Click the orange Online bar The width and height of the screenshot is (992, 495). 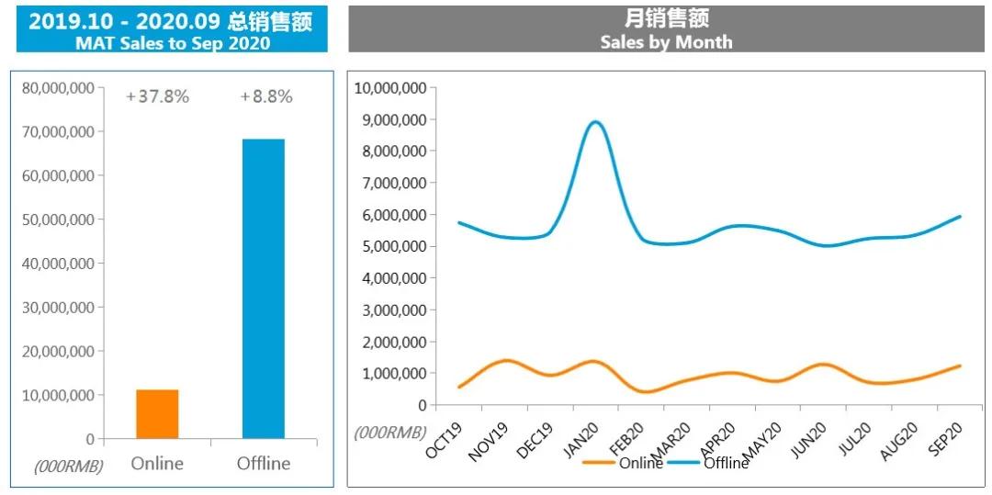157,414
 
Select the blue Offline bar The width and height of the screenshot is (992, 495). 264,288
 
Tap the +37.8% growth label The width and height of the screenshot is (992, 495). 158,96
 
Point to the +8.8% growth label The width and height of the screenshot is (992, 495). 266,96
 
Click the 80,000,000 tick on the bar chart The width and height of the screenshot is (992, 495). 58,88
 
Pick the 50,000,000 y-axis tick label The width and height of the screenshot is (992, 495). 58,219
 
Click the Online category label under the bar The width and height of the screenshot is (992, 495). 157,463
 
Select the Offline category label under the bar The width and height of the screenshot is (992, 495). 264,463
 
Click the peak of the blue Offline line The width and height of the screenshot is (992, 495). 595,122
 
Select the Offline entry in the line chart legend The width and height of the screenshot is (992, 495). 726,463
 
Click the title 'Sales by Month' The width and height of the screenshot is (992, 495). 666,42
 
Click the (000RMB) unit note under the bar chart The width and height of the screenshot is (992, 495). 68,467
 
